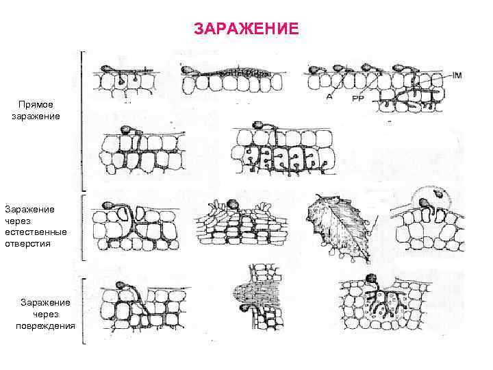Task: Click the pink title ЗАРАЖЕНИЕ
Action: (x=246, y=29)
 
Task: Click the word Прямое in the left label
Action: (x=35, y=105)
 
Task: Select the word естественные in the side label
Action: (x=36, y=232)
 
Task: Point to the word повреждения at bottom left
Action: (x=45, y=325)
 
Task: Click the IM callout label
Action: (x=457, y=75)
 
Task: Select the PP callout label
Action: (x=357, y=98)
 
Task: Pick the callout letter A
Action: (x=330, y=97)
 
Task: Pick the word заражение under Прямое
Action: (x=36, y=116)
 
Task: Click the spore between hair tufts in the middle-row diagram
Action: (x=232, y=203)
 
